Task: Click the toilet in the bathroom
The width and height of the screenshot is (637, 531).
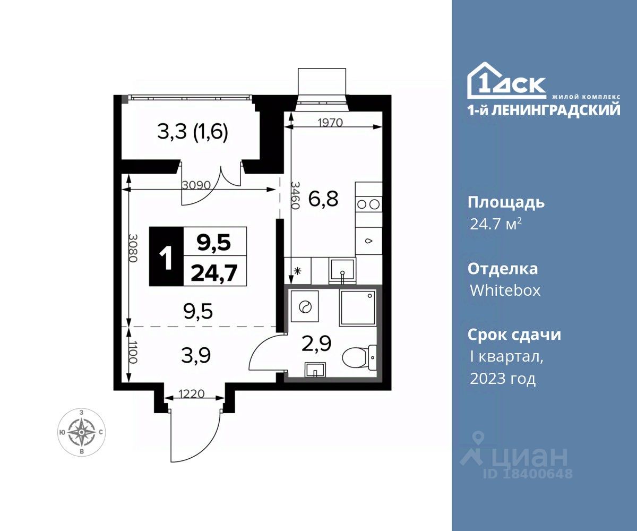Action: [359, 356]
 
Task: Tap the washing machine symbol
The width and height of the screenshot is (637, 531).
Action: [305, 306]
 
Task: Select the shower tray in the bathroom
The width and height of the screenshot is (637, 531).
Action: [358, 307]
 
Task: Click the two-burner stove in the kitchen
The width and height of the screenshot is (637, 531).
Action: [368, 204]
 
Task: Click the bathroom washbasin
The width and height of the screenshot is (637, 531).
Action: [315, 370]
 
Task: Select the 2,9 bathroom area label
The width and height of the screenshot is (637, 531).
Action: [316, 344]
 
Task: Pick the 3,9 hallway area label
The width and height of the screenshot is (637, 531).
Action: [196, 356]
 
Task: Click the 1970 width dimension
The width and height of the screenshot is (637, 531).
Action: [330, 123]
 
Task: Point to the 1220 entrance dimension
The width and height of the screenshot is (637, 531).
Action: [191, 394]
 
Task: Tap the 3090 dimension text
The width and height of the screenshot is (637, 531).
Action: [196, 185]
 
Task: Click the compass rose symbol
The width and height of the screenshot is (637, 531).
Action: [81, 432]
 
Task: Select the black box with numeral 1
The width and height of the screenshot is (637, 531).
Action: [166, 256]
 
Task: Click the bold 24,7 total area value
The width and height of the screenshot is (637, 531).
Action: [214, 273]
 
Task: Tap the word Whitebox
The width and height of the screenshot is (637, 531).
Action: [505, 290]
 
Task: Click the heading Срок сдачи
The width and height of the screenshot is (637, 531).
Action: [514, 335]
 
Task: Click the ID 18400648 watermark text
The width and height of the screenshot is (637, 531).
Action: [528, 473]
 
